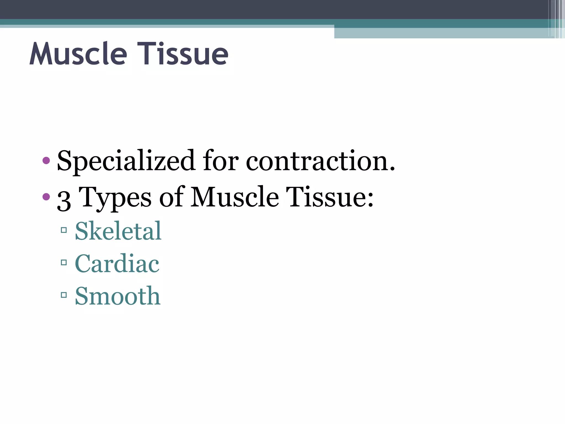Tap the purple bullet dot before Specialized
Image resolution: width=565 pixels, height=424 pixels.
pos(46,160)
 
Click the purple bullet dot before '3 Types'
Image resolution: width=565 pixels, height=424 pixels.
pos(46,197)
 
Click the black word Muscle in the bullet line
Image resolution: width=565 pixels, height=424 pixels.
pos(234,197)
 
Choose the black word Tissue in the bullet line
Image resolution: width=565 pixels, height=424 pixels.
pos(326,197)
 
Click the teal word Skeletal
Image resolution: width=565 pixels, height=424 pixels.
pos(118,231)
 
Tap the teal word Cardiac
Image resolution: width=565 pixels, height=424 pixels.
pos(117,264)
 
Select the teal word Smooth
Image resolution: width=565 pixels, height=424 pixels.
pos(118,296)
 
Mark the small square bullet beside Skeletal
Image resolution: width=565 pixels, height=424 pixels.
pos(64,230)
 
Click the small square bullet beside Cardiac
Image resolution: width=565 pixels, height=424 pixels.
pos(64,263)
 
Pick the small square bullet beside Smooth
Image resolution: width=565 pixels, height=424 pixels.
pos(64,295)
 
